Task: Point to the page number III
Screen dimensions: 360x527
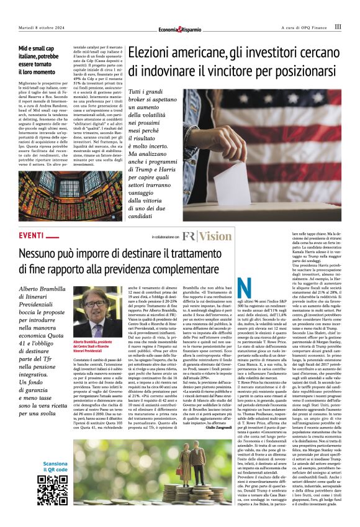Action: [x=338, y=27]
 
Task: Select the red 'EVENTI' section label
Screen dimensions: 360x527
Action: [x=32, y=236]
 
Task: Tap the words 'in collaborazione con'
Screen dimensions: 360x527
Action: [x=164, y=237]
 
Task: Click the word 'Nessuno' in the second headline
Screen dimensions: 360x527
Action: [x=47, y=254]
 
